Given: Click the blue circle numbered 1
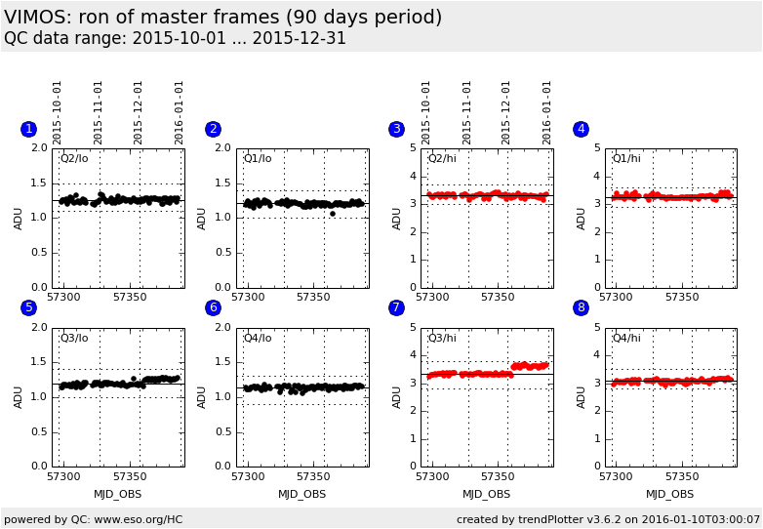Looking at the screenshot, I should coord(28,129).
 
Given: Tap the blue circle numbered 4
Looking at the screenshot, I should coord(581,129).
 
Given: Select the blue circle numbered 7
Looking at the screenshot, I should coord(396,307).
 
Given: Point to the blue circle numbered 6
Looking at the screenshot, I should coord(213,307).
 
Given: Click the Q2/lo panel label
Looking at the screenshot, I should coord(74,158).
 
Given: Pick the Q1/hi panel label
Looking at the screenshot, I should coord(626,158).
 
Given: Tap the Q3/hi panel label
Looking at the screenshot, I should coord(442,338).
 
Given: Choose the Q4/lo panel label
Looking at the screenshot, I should coord(259,338).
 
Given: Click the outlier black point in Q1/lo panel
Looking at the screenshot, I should coord(333,213).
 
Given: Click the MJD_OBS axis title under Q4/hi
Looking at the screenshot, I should coord(670,494).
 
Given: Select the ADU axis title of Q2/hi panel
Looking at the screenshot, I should coord(397,218).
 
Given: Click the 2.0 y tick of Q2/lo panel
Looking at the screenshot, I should coord(40,148).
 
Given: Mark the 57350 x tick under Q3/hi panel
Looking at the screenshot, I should coord(498,477).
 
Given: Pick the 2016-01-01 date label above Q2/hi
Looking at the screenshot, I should coord(547,112).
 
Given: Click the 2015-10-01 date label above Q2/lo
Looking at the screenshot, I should coord(58,112).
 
